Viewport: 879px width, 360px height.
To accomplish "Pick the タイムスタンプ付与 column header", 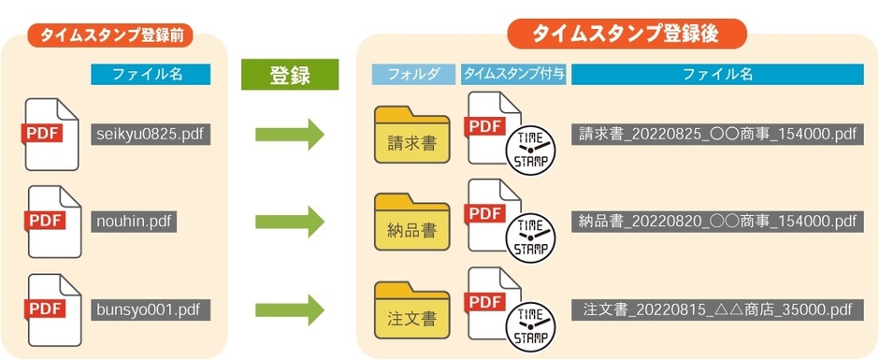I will click(513, 75).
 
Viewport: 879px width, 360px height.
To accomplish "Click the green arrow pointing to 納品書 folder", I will click(289, 222).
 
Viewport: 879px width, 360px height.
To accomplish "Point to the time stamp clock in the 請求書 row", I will click(530, 151).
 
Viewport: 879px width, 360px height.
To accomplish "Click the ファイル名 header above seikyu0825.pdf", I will click(151, 75).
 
